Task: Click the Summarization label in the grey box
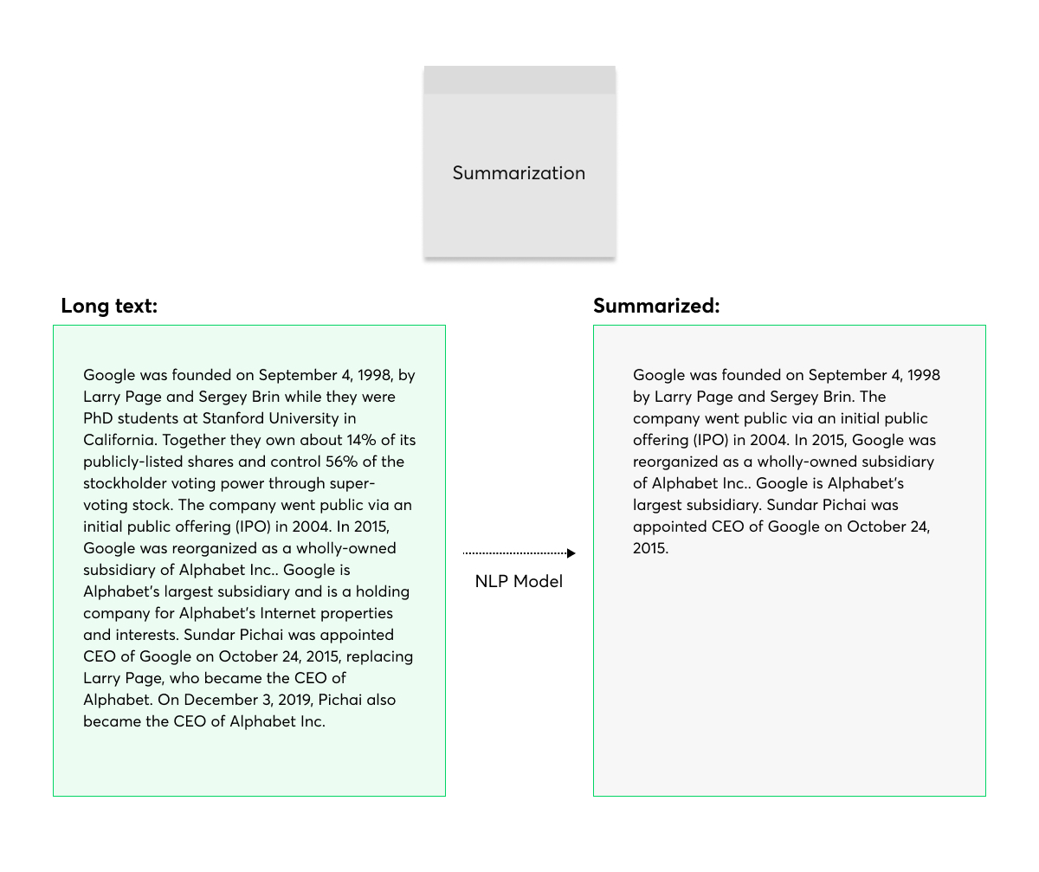(x=519, y=173)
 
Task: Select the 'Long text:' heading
(x=109, y=306)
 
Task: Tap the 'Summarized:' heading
(x=656, y=306)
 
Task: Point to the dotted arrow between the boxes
(x=519, y=552)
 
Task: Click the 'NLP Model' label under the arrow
(x=519, y=581)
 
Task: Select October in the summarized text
(x=874, y=526)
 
